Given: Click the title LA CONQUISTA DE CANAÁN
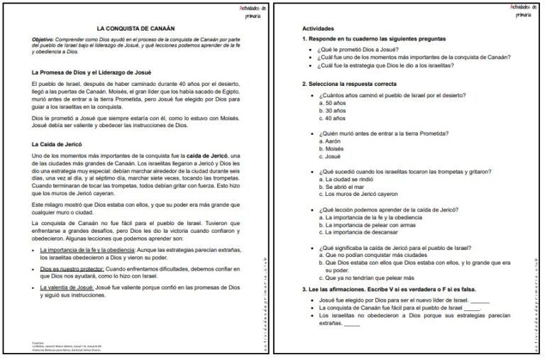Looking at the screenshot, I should (x=136, y=24).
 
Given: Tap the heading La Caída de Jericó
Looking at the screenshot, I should (x=57, y=144).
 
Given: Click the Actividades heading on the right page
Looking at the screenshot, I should (x=319, y=28).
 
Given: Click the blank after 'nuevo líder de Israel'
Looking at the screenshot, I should (x=480, y=301).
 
